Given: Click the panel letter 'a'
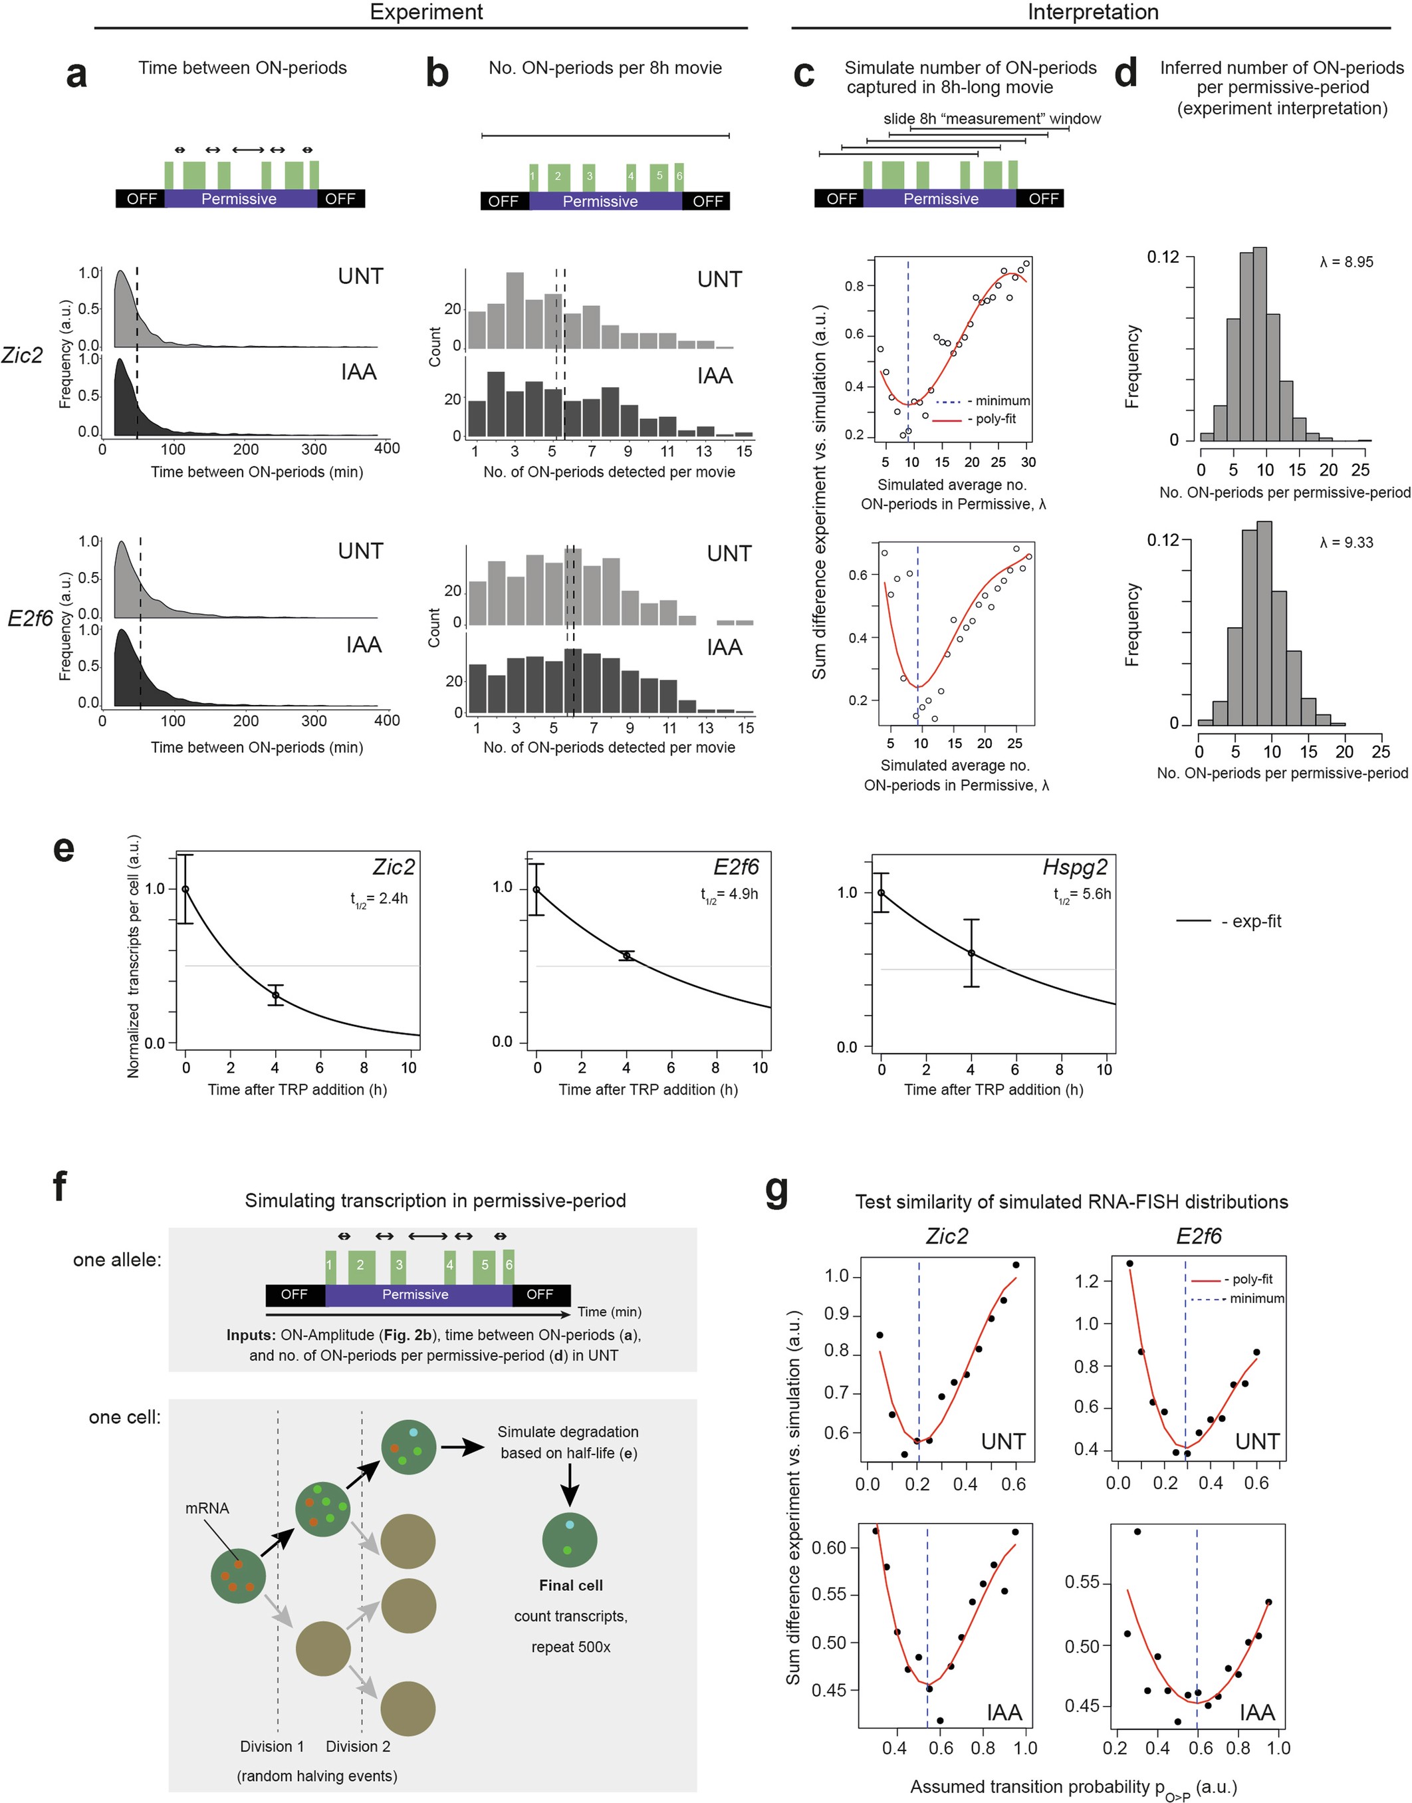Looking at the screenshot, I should point(76,74).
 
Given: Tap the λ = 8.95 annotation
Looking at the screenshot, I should point(1347,262).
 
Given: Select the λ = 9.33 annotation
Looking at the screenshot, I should point(1347,543).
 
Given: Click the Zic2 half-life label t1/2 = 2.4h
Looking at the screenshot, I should point(379,899).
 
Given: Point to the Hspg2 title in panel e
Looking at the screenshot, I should point(1075,868).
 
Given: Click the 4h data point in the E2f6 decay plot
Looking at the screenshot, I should point(627,955).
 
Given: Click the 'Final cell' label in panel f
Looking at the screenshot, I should point(570,1586).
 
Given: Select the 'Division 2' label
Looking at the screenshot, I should point(358,1746).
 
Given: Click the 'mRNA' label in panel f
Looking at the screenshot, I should point(207,1508).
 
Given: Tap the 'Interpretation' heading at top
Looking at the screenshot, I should point(1092,13).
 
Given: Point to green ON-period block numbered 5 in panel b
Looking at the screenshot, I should point(659,176).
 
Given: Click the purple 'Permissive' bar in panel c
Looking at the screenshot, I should point(940,198).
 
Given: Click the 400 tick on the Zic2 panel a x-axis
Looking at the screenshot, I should point(387,448).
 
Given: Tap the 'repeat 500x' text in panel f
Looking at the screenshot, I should point(570,1647).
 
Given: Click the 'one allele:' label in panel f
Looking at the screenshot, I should point(116,1260).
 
